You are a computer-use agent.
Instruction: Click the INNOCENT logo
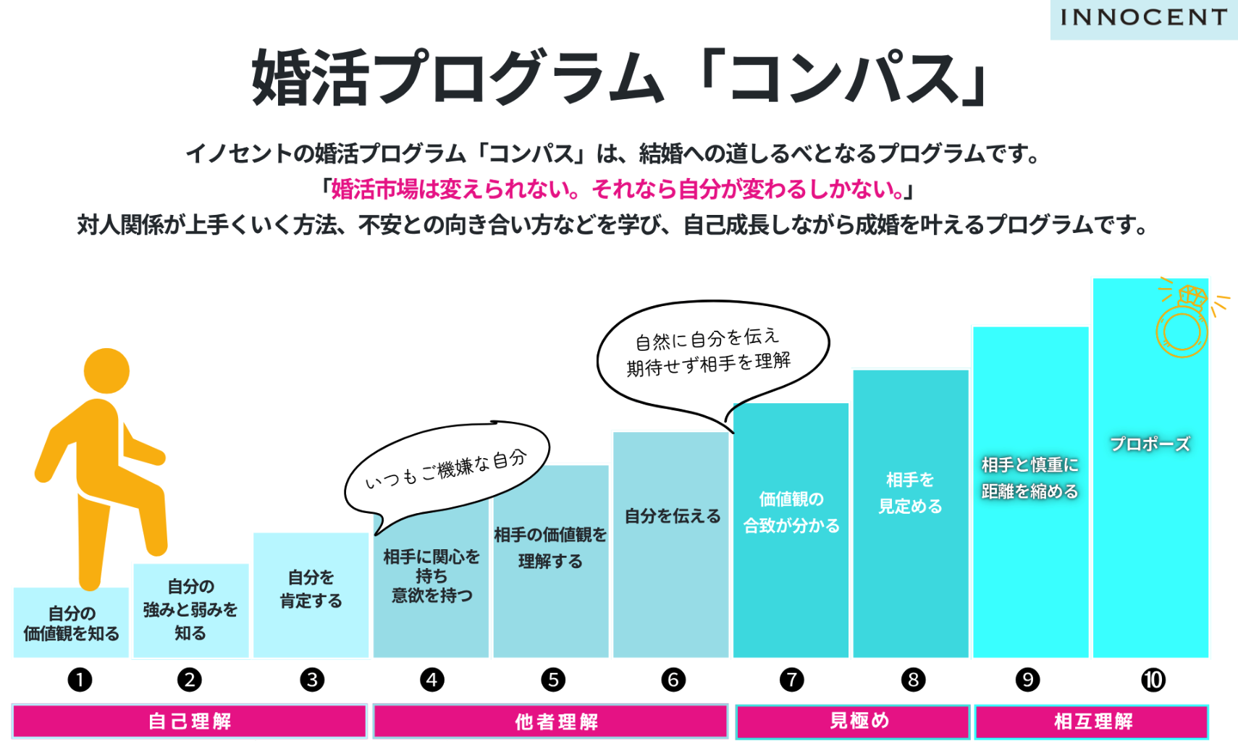1144,17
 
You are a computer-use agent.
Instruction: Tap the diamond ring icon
1183,321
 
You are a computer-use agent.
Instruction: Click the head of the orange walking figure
106,370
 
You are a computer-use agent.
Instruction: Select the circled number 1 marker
80,679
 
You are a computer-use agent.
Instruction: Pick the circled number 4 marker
432,679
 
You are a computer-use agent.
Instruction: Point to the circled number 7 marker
791,679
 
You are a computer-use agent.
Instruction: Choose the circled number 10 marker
1153,679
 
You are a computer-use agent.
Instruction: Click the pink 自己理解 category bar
190,721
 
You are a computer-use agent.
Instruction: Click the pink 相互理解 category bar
1092,721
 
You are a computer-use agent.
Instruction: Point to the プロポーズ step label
1150,444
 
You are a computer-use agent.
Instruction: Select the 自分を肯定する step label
311,588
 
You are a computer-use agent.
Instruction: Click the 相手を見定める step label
911,493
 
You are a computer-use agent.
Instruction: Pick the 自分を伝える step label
673,516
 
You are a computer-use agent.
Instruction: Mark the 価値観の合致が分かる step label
791,512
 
